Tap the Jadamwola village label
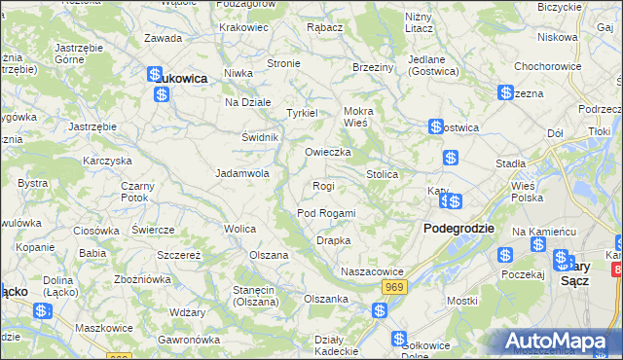click(241, 173)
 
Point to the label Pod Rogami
click(326, 213)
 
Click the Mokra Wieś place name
click(357, 117)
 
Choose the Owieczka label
click(327, 153)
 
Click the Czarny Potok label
click(135, 191)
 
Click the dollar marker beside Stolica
click(450, 158)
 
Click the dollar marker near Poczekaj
click(505, 255)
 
